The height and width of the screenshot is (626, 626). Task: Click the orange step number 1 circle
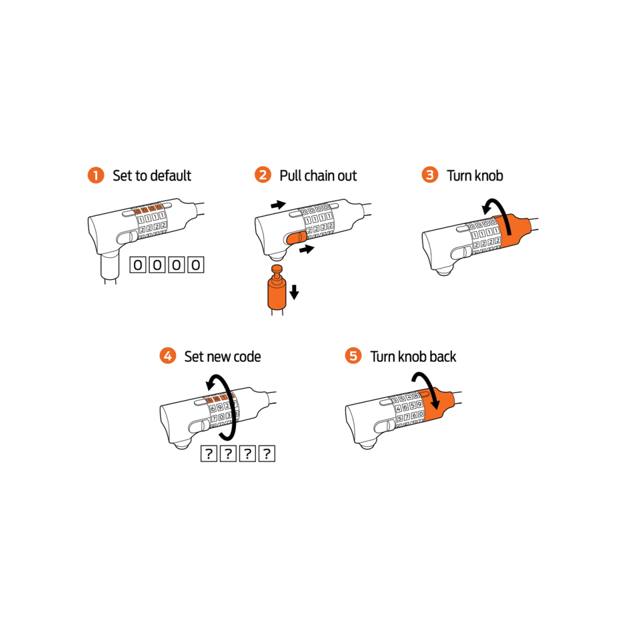pyautogui.click(x=96, y=175)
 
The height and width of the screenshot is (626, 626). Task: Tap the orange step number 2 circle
pyautogui.click(x=263, y=175)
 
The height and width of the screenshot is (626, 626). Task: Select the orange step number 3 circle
pyautogui.click(x=430, y=175)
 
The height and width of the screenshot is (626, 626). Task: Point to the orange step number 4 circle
pyautogui.click(x=168, y=356)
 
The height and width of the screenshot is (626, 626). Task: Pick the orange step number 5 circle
pyautogui.click(x=353, y=356)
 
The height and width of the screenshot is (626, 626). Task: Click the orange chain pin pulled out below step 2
pyautogui.click(x=277, y=287)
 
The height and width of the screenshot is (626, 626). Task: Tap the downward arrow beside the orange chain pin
pyautogui.click(x=294, y=292)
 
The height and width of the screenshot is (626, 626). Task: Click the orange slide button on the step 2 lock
pyautogui.click(x=296, y=239)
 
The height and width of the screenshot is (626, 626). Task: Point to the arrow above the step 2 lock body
pyautogui.click(x=279, y=205)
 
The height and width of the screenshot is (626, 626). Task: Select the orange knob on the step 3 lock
pyautogui.click(x=512, y=230)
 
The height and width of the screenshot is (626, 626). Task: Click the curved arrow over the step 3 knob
pyautogui.click(x=500, y=212)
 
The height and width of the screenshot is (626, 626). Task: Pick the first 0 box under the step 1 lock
pyautogui.click(x=138, y=265)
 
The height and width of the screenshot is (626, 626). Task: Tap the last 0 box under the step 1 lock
pyautogui.click(x=195, y=265)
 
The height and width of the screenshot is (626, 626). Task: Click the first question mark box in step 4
pyautogui.click(x=208, y=453)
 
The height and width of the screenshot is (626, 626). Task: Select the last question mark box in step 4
pyautogui.click(x=267, y=453)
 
